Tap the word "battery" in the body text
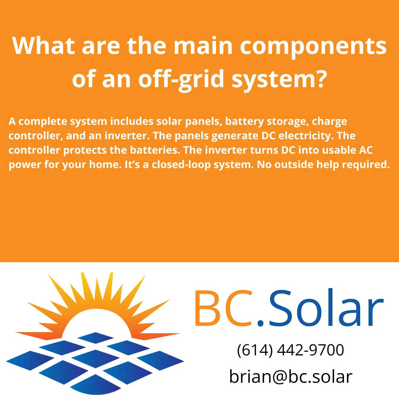245,122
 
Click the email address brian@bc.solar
290,376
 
